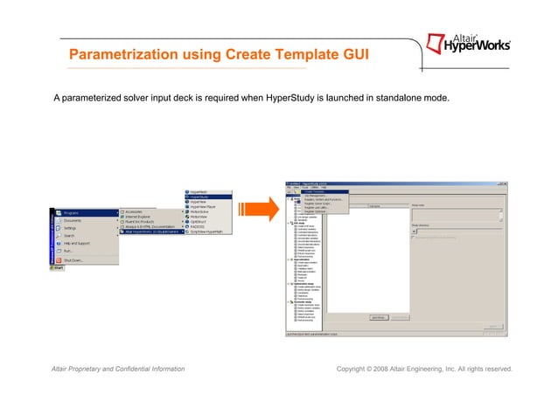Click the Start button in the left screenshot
(x=58, y=268)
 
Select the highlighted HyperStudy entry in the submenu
(x=197, y=197)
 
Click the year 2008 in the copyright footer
(x=392, y=370)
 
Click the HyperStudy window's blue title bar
(x=394, y=182)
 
